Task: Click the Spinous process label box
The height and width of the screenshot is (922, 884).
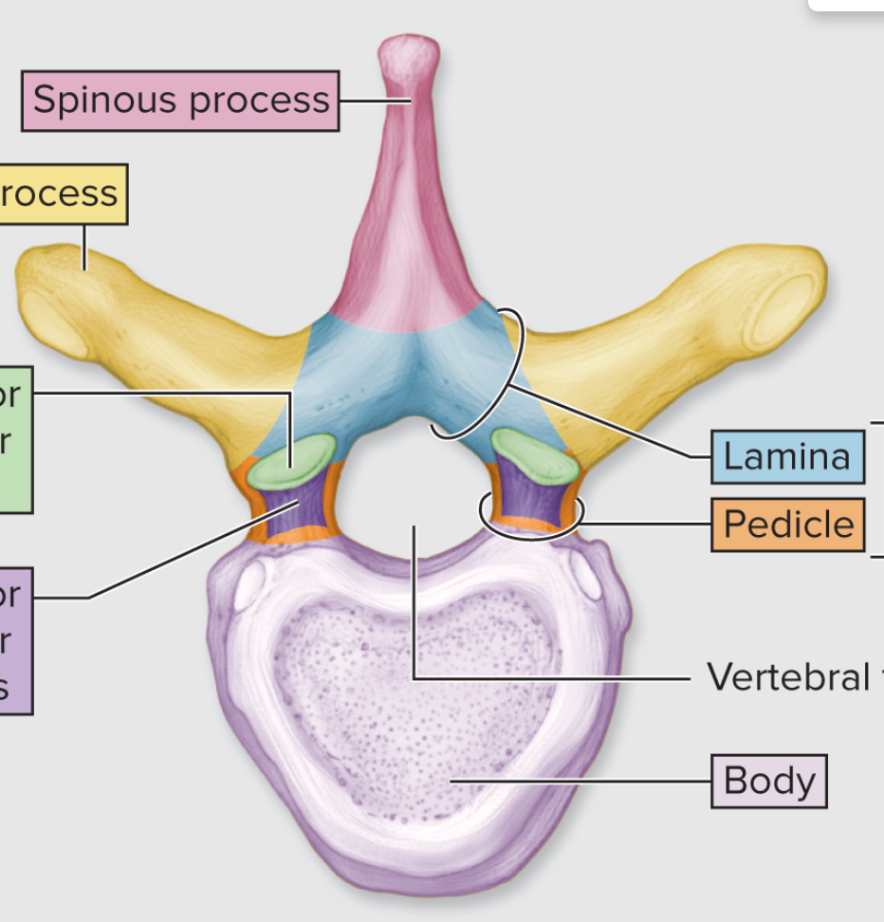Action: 180,100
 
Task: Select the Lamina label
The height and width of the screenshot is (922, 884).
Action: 786,456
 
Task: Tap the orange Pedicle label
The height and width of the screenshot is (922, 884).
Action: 787,524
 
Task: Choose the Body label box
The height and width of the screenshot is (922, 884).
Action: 768,781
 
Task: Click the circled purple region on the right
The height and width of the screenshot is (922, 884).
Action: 531,503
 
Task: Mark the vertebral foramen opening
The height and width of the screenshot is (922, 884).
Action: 413,493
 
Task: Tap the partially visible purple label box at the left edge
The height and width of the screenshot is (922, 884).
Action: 13,640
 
